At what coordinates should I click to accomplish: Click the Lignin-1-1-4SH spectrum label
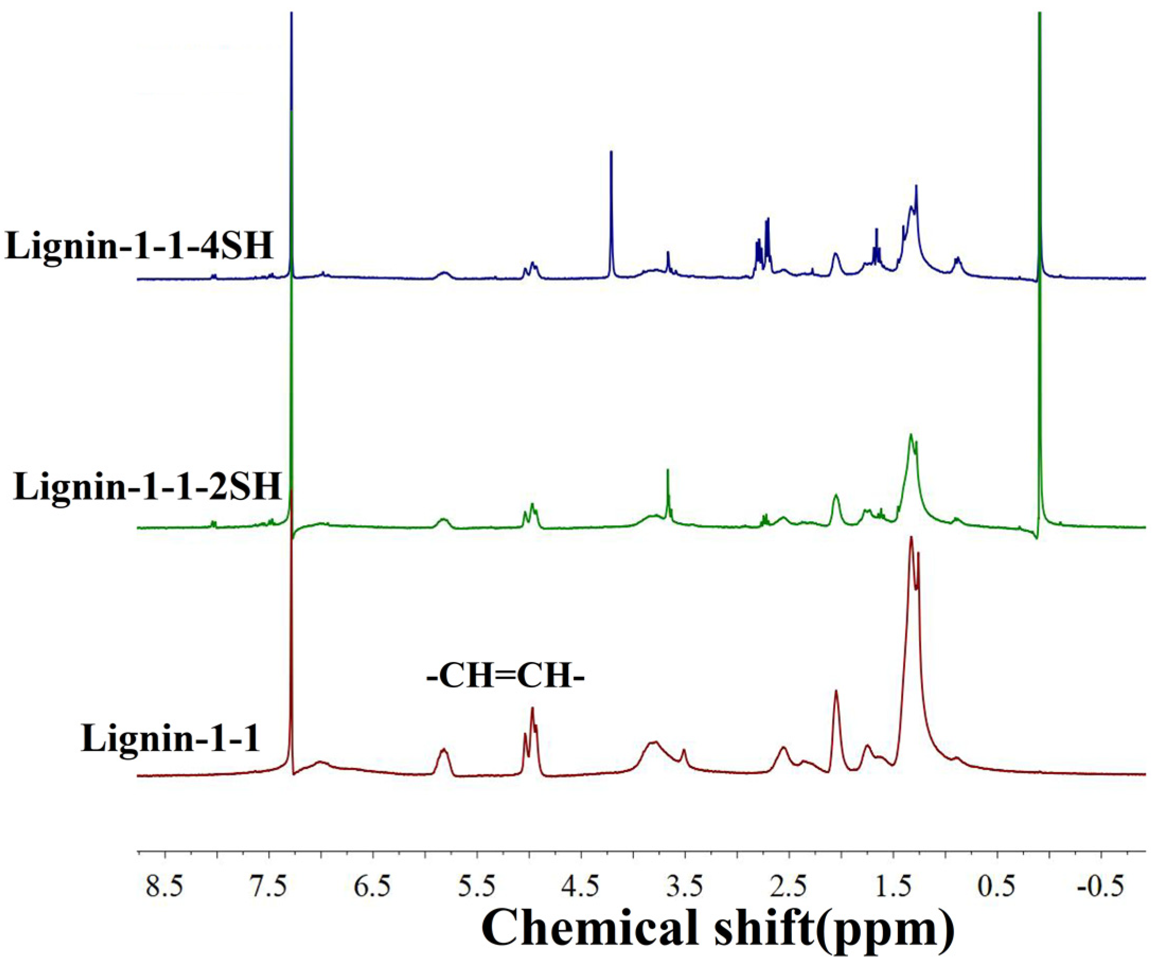(139, 246)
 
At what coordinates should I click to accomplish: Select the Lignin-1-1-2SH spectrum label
(147, 487)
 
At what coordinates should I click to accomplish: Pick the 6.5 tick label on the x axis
(373, 888)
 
